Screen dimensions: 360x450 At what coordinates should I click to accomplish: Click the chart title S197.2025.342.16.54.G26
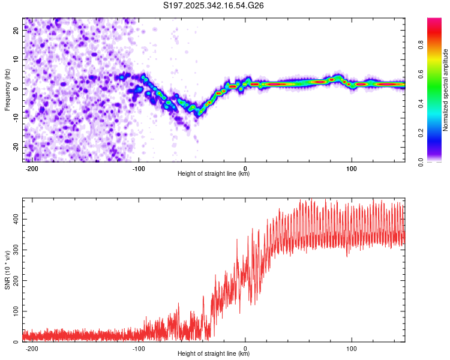(214, 5)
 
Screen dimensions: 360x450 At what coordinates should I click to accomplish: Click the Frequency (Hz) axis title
(8, 90)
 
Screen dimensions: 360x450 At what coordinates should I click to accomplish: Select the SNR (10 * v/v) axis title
(8, 270)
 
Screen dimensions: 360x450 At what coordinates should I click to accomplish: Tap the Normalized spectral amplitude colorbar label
(446, 90)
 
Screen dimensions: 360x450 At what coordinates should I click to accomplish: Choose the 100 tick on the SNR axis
(16, 311)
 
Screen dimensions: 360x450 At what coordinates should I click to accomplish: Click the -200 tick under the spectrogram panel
(32, 168)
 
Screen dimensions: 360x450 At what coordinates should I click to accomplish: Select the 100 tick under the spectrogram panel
(352, 168)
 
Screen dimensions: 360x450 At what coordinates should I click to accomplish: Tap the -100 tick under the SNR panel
(139, 348)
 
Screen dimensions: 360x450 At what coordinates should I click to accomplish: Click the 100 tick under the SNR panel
(352, 348)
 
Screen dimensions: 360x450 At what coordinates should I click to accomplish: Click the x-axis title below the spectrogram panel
(214, 174)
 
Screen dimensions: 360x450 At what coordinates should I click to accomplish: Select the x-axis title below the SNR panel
(214, 354)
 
